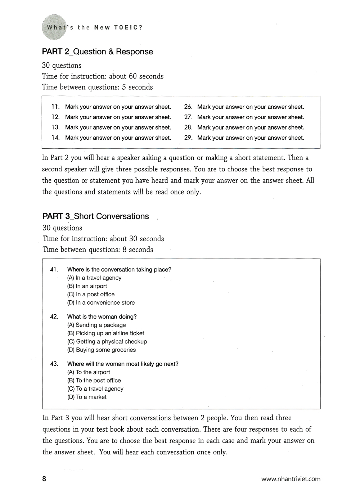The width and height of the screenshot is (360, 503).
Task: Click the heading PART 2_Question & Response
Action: click(x=97, y=51)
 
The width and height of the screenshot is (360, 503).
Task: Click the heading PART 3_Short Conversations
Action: click(x=95, y=216)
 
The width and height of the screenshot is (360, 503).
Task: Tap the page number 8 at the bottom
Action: click(x=44, y=479)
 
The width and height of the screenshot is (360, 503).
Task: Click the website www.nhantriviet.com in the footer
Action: click(x=291, y=479)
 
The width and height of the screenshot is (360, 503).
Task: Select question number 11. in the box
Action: click(x=55, y=107)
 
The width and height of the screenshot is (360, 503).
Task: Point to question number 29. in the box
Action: click(x=188, y=138)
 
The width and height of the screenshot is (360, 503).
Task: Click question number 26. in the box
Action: click(x=188, y=107)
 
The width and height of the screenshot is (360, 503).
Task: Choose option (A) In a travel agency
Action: click(x=94, y=278)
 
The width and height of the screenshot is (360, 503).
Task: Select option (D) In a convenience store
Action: click(x=101, y=302)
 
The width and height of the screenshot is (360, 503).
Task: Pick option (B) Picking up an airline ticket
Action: click(x=105, y=333)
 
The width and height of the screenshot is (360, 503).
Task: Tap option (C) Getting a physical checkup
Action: click(x=107, y=341)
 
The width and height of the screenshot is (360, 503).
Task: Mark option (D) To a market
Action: click(x=87, y=397)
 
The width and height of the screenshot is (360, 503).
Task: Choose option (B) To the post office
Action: click(x=94, y=380)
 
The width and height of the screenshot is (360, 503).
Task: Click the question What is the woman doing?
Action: click(x=102, y=316)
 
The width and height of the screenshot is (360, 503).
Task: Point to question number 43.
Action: click(x=54, y=364)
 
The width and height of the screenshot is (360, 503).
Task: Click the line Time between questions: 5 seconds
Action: click(x=97, y=87)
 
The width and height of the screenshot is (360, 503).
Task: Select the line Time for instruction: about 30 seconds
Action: click(x=103, y=239)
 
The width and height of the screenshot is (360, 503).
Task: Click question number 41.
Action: click(x=54, y=269)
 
